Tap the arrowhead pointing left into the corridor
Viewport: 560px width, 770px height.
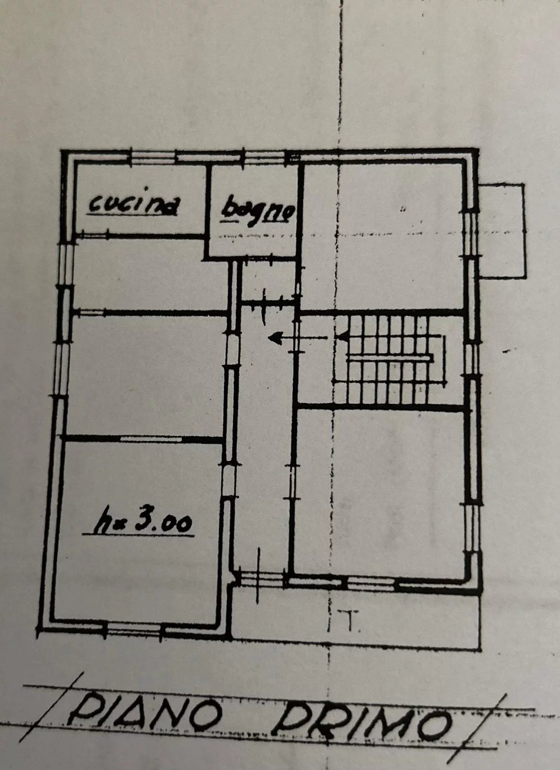275,337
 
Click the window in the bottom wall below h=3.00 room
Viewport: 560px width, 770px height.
133,628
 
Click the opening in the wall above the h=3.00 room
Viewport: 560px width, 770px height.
151,439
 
